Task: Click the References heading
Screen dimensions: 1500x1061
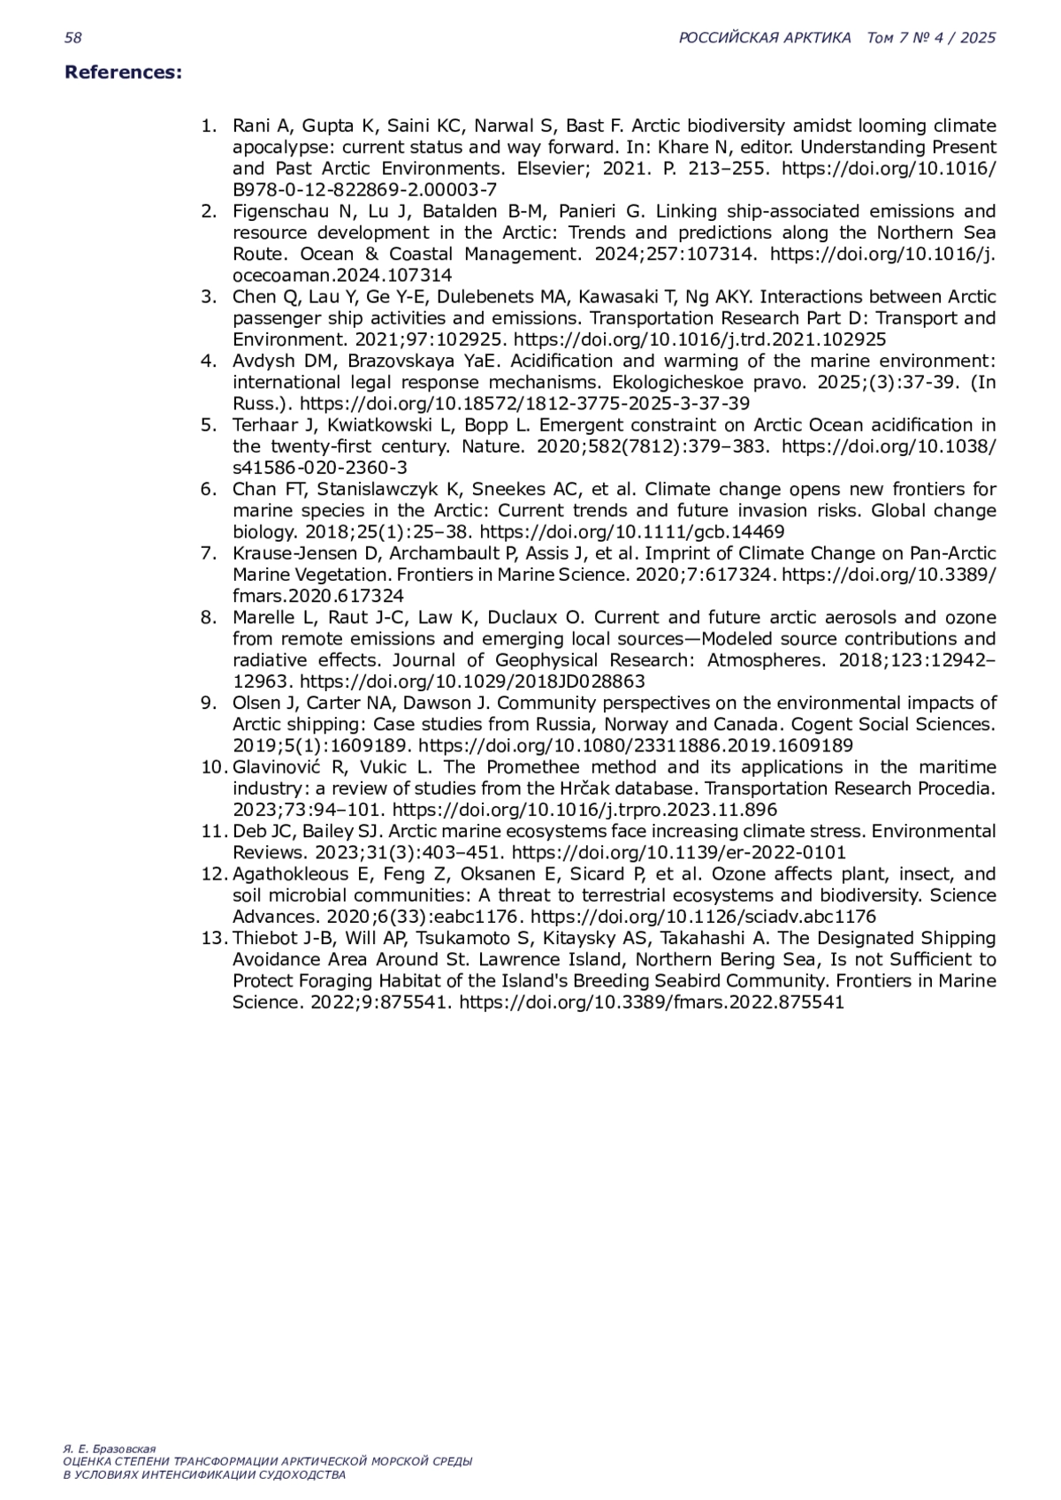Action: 123,72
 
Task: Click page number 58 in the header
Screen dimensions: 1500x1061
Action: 73,37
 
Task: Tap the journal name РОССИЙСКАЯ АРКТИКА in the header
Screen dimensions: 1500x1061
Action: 765,37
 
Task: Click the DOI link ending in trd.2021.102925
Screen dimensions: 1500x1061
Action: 699,339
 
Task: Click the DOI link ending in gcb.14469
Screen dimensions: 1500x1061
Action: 631,532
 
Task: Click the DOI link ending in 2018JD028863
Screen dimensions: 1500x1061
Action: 472,681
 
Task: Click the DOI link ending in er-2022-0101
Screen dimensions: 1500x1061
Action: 678,853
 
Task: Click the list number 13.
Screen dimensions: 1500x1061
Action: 215,938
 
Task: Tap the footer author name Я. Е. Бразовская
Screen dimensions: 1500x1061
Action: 110,1449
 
